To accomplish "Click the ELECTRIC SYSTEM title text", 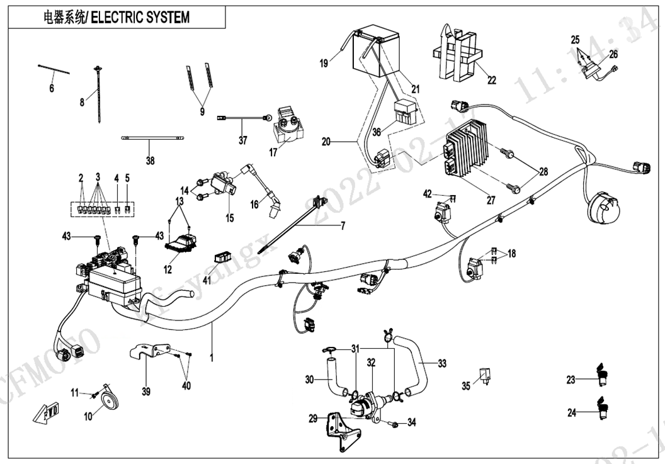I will point(140,17).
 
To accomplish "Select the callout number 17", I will point(273,152).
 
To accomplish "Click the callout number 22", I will point(491,80).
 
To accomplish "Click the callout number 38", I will point(150,161).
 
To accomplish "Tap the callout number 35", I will point(466,386).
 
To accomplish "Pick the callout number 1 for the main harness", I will point(212,358).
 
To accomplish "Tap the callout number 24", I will point(571,414).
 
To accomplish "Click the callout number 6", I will point(52,89).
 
